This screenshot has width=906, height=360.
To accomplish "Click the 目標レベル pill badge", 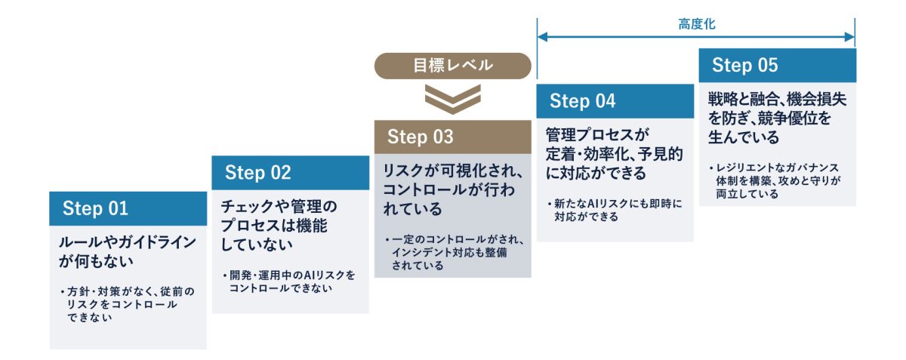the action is tap(452, 66).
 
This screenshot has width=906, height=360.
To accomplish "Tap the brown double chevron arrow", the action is tap(452, 99).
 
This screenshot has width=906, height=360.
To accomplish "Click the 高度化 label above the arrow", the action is tap(696, 24).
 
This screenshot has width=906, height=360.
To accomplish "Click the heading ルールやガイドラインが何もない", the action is tap(128, 251).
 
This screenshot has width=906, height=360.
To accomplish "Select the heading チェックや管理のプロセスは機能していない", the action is tap(279, 226).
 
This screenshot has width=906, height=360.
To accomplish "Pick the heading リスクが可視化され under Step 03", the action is tap(452, 189).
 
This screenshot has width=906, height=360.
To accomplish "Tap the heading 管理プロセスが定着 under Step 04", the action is tap(614, 154).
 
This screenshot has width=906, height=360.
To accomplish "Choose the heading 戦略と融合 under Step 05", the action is tap(777, 118).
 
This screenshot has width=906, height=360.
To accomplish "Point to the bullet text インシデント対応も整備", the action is tap(449, 252).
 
